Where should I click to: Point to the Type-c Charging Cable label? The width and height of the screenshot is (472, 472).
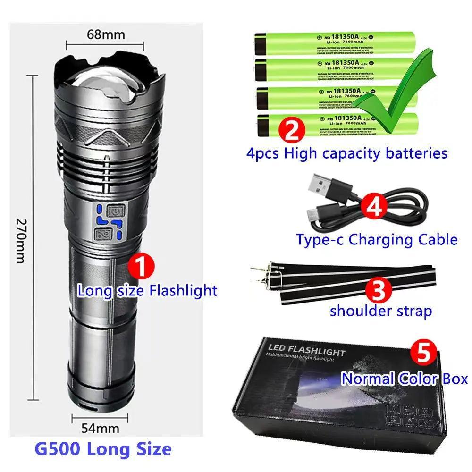[377, 239]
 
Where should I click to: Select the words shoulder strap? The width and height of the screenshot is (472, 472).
[381, 311]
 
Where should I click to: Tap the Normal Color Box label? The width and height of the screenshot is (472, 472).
[404, 379]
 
